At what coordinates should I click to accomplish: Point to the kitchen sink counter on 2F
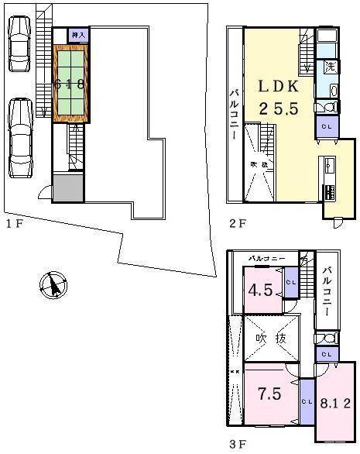(329, 167)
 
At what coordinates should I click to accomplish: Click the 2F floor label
(238, 225)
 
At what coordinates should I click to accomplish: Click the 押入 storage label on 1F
(78, 35)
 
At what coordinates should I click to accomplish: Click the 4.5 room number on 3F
(259, 292)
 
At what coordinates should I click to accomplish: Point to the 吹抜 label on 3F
(271, 339)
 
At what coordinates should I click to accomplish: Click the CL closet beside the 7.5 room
(307, 401)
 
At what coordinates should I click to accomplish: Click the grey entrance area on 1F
(67, 187)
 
